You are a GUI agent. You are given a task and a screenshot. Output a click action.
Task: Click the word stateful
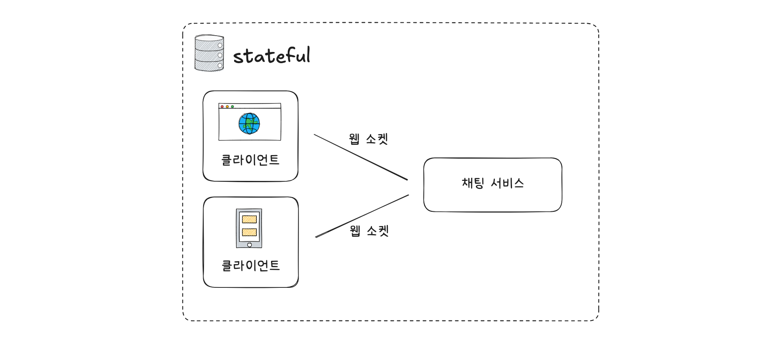point(271,56)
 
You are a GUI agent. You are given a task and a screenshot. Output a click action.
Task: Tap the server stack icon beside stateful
point(209,53)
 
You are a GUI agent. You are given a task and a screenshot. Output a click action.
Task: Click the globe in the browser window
point(249,124)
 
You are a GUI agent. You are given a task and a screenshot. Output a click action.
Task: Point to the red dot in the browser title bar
point(222,107)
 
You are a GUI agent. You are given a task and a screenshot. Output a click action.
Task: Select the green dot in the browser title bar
point(232,107)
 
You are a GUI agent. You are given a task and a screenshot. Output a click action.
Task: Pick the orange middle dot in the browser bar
point(227,107)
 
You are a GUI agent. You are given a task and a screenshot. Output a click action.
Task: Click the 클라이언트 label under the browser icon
point(250,160)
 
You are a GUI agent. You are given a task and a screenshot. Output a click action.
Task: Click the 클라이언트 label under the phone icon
point(250,265)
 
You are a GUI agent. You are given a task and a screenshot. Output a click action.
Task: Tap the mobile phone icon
point(249,228)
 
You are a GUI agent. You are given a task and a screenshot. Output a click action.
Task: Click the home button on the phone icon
point(250,245)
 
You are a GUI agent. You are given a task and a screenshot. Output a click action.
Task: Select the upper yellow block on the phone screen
point(249,220)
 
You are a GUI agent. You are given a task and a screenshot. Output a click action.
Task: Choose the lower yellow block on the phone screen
point(249,232)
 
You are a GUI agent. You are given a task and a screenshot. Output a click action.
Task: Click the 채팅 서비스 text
point(493,183)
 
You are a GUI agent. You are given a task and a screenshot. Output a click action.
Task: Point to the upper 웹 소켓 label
point(369,139)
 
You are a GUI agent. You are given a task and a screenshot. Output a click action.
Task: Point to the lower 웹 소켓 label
point(369,231)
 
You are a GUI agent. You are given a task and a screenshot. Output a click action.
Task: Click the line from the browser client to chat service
point(361,157)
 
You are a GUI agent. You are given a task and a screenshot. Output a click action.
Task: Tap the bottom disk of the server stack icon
point(209,64)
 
